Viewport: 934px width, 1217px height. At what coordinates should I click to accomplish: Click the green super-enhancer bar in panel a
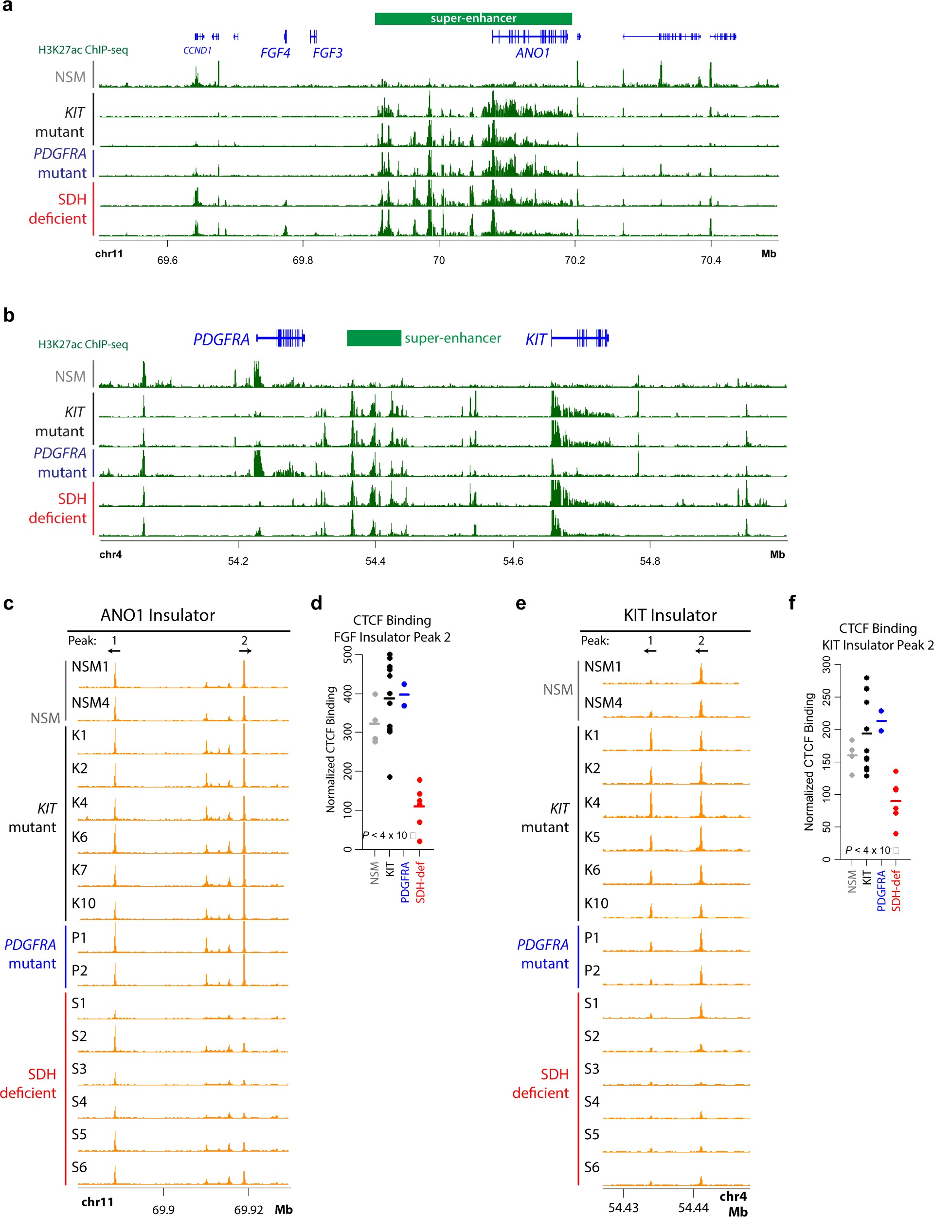[x=473, y=18]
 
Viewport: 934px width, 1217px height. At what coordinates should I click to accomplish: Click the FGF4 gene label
[x=275, y=53]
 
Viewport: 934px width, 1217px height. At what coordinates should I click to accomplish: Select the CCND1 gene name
[x=198, y=51]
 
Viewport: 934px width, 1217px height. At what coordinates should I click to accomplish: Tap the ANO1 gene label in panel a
[x=532, y=53]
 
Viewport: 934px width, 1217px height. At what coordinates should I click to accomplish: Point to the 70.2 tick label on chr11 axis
[x=575, y=260]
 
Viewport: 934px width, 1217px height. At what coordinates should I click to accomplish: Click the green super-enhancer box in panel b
[x=374, y=338]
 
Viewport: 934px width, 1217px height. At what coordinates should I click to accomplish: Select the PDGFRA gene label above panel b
[x=221, y=339]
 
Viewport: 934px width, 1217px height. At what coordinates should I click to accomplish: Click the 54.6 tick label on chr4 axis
[x=513, y=561]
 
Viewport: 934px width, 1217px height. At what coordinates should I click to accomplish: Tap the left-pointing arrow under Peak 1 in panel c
[x=114, y=651]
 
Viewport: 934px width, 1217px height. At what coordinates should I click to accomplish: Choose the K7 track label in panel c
[x=79, y=870]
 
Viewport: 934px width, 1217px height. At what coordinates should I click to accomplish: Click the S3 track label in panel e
[x=592, y=1069]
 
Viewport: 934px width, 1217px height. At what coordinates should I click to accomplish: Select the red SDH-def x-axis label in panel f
[x=896, y=890]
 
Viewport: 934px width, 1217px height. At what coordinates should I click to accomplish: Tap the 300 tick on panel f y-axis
[x=826, y=664]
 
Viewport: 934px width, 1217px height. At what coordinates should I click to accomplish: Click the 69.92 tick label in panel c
[x=248, y=1210]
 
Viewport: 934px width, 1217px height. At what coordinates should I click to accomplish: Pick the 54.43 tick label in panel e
[x=623, y=1208]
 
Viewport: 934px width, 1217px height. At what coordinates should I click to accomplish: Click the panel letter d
[x=316, y=603]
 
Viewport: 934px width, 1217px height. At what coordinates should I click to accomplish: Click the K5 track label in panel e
[x=592, y=837]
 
